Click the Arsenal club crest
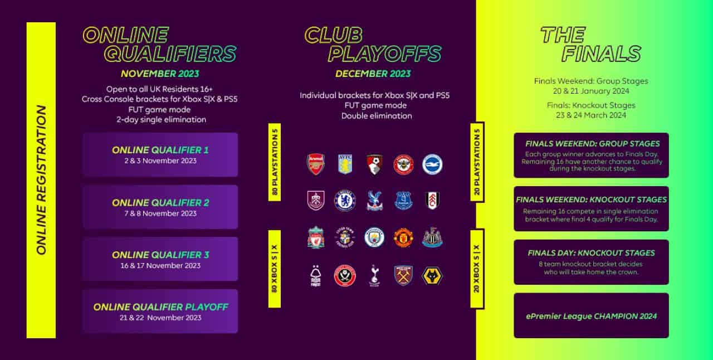tap(316, 164)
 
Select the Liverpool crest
tap(316, 237)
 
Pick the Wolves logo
tap(432, 275)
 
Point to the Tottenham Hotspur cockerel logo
tap(374, 275)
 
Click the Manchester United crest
tap(403, 237)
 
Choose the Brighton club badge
tap(432, 164)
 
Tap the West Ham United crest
tap(403, 275)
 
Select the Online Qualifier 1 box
tap(160, 154)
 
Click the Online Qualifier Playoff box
tap(160, 311)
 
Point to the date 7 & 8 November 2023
tap(160, 213)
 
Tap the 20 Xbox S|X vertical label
tap(477, 268)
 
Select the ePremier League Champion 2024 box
tap(591, 315)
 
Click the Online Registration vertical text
tap(41, 180)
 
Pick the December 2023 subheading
tap(373, 74)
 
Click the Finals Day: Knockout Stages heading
tap(591, 253)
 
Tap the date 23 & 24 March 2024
tap(591, 115)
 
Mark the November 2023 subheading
tap(160, 74)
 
